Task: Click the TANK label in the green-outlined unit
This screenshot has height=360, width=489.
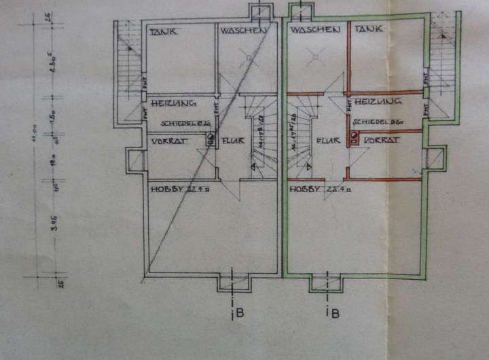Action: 369,29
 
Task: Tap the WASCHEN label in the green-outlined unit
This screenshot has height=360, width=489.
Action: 313,31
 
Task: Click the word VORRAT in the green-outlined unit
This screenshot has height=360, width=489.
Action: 380,139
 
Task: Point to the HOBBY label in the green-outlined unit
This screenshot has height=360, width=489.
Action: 305,190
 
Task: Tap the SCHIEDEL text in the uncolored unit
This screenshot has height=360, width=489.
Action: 177,124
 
